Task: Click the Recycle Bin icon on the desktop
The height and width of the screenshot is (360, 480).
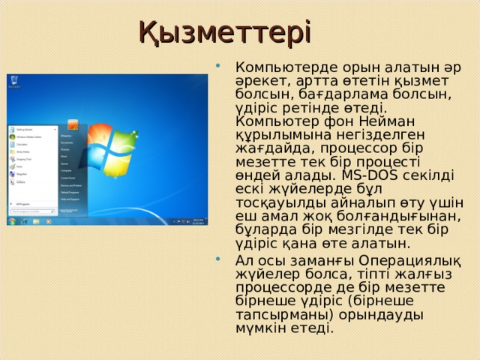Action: tap(13, 81)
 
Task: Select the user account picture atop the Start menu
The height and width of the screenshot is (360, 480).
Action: tap(72, 124)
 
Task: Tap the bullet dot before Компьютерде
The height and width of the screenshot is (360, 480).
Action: tap(217, 67)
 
